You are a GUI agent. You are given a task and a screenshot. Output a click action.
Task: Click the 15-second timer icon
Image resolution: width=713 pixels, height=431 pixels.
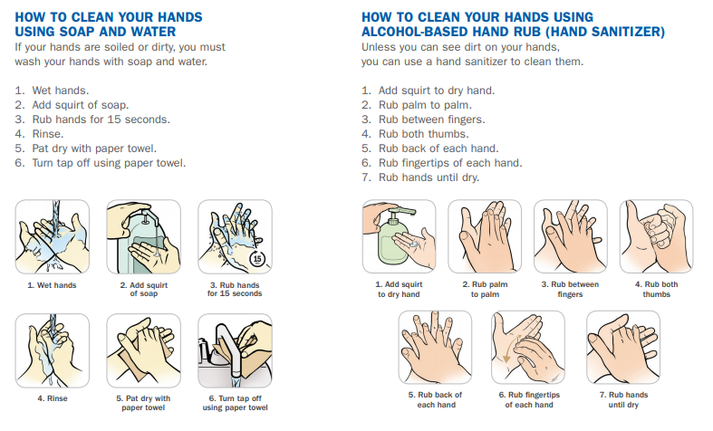[256, 259]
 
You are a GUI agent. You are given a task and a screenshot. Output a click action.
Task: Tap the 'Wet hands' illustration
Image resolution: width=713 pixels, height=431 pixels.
[53, 236]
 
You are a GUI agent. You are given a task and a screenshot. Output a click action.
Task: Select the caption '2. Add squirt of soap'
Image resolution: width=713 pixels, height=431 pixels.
[143, 289]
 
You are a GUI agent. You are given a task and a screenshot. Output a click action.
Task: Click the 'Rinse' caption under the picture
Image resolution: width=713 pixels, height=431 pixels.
[53, 398]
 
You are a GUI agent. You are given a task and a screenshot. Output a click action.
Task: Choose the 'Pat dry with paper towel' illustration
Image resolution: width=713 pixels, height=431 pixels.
[143, 350]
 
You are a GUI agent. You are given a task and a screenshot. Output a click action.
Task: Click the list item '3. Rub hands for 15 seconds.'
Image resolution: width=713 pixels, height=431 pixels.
[92, 120]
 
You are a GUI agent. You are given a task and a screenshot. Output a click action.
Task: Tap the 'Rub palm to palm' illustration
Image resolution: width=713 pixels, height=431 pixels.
[485, 236]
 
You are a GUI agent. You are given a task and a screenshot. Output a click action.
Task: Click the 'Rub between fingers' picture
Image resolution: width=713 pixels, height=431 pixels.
[570, 236]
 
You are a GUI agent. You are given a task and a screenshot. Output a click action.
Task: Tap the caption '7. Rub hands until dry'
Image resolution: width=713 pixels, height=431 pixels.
[623, 399]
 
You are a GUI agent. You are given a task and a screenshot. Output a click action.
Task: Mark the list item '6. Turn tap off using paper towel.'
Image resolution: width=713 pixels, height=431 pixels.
[101, 163]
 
